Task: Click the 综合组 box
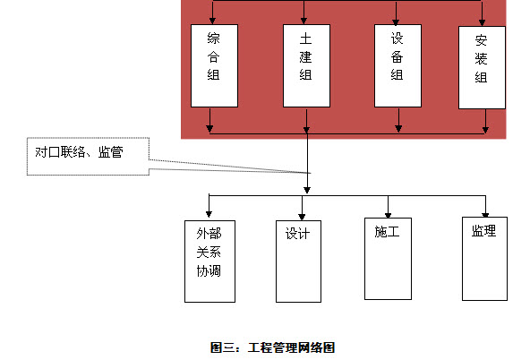[214, 65]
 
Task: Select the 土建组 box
[306, 65]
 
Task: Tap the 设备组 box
[397, 65]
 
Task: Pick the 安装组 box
[482, 67]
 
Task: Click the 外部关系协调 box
[209, 261]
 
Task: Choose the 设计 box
[298, 261]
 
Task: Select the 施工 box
[388, 259]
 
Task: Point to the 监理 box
[484, 259]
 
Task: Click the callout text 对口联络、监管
[79, 152]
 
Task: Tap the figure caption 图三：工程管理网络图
[272, 347]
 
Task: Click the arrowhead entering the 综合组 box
[212, 21]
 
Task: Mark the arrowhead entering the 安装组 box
[483, 22]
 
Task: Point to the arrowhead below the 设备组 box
[398, 128]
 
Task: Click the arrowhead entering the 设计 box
[302, 217]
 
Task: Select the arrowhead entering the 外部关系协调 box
[209, 214]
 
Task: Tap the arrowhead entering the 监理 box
[485, 215]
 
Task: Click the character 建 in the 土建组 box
[305, 56]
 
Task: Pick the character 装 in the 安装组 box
[481, 58]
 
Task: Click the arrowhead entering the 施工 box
[388, 215]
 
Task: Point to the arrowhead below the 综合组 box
[209, 128]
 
